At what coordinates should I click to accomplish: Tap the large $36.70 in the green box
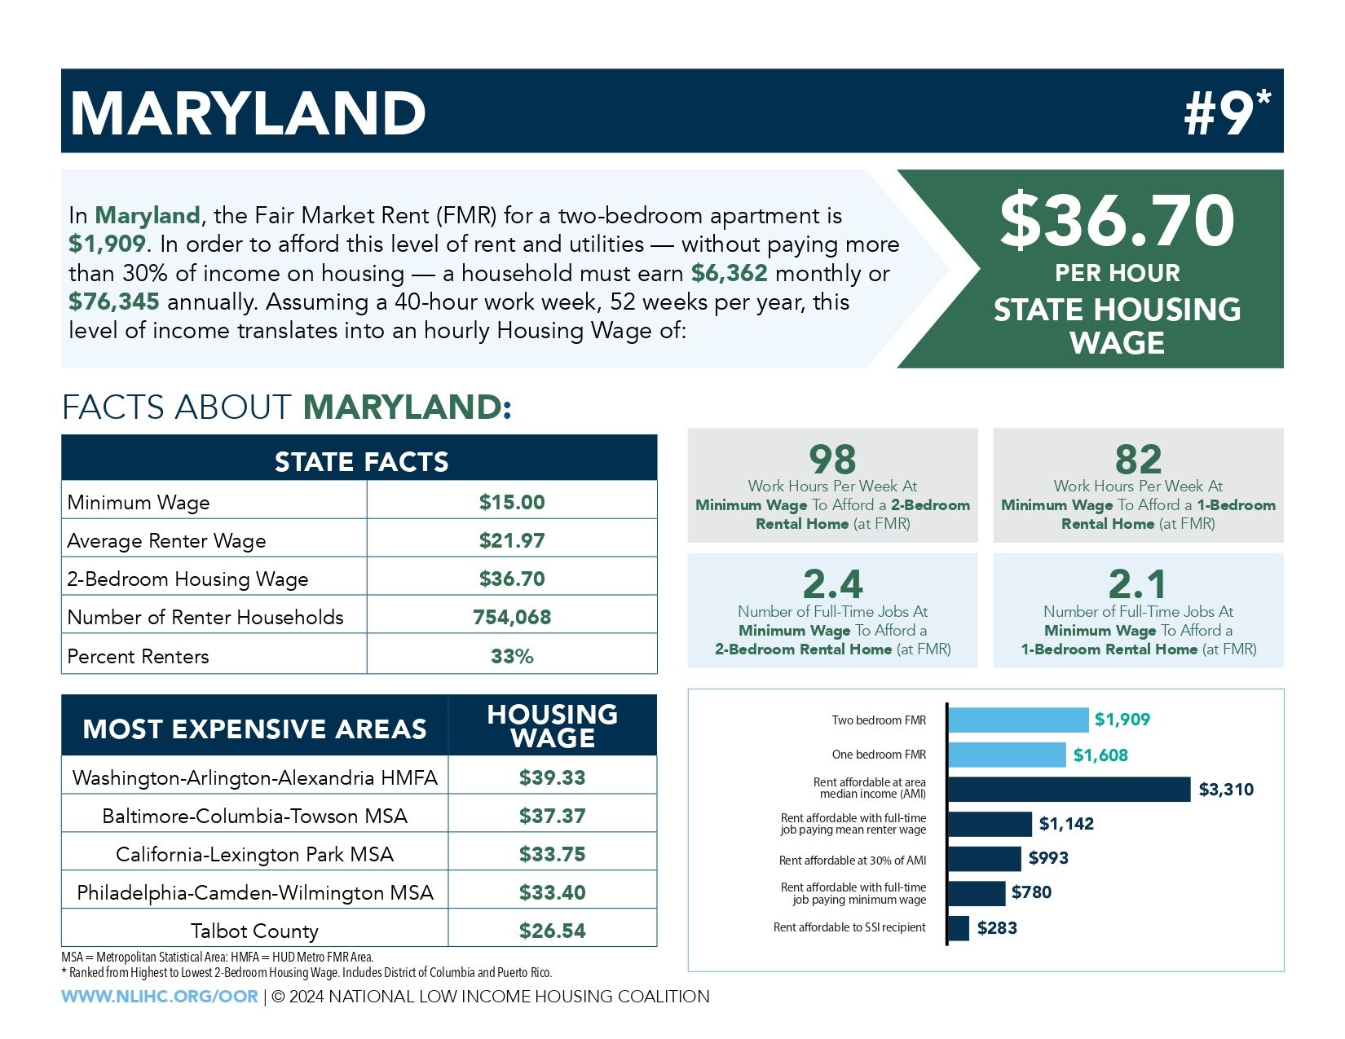tap(1117, 220)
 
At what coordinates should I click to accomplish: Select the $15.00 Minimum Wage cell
tap(512, 502)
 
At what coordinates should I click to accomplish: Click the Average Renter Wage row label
tap(166, 541)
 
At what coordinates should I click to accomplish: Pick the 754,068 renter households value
tap(512, 618)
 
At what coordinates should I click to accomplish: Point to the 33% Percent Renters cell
tap(512, 656)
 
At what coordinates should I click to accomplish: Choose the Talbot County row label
tap(254, 931)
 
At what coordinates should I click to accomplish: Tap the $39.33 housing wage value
tap(552, 777)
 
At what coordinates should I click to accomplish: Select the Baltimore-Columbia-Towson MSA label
tap(254, 816)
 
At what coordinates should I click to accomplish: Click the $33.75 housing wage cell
tap(552, 854)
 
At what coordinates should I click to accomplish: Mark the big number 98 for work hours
tap(832, 460)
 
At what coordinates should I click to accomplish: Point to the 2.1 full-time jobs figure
tap(1137, 584)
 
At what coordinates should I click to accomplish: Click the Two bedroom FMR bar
tap(1018, 720)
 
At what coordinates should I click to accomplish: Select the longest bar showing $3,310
tap(1069, 789)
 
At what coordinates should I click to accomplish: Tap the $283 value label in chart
tap(997, 927)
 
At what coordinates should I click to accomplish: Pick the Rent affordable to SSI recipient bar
tap(959, 928)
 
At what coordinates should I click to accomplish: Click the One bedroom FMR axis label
tap(879, 755)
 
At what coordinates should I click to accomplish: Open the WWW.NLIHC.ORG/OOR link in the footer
tap(160, 997)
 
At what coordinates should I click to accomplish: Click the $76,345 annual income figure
tap(114, 302)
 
